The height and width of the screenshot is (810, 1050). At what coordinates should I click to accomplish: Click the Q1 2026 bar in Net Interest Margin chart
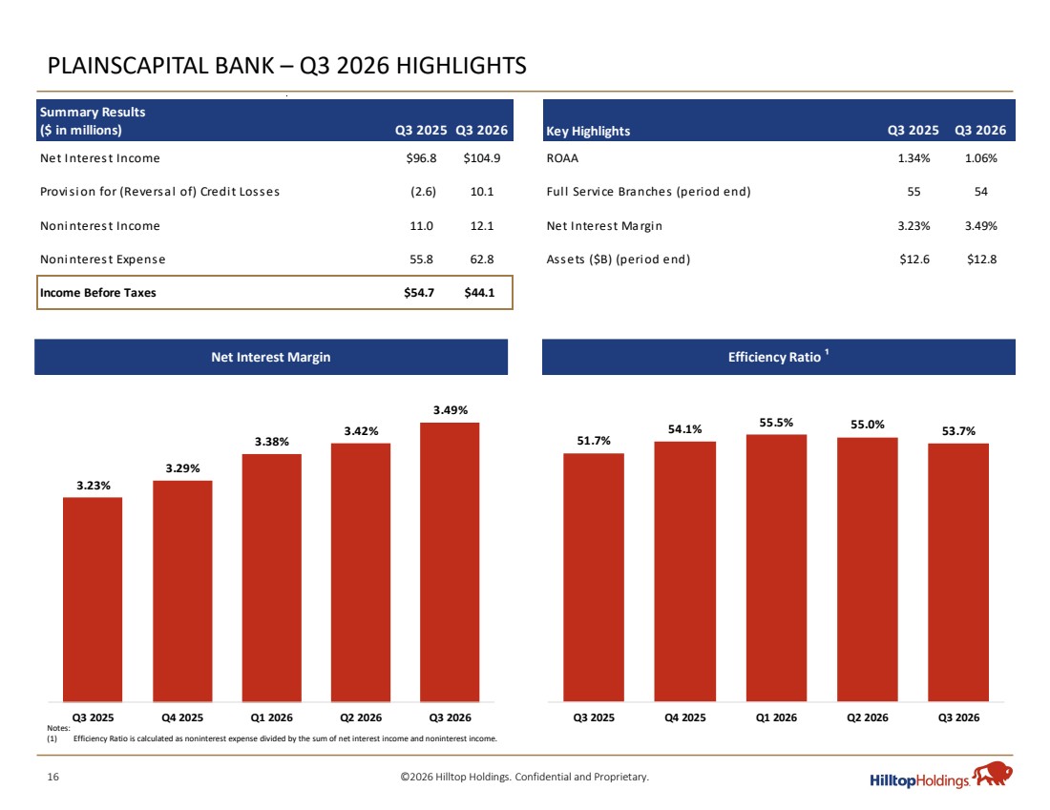[x=272, y=578]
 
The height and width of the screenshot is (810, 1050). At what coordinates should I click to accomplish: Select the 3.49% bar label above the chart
[x=450, y=410]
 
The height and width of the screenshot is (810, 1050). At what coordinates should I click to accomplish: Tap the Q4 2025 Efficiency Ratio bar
[x=685, y=571]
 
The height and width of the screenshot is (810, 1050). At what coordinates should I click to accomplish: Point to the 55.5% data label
[x=776, y=423]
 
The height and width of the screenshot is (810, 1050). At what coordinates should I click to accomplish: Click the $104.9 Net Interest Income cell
[x=481, y=158]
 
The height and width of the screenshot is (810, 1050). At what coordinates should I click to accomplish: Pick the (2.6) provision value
[x=423, y=192]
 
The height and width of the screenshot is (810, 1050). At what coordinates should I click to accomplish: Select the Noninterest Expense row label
[x=102, y=260]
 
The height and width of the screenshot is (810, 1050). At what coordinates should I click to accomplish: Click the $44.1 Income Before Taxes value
[x=479, y=293]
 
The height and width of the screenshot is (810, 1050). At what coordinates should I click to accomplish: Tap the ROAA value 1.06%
[x=981, y=158]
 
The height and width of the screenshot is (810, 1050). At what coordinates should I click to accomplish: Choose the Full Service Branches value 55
[x=914, y=192]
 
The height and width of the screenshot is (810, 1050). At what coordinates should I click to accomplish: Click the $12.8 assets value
[x=981, y=260]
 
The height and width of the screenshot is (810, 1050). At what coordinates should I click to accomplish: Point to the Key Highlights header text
[x=588, y=132]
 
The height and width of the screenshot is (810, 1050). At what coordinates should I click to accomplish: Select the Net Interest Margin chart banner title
[x=270, y=357]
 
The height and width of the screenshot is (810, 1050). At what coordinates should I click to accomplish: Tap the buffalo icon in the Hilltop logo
[x=993, y=774]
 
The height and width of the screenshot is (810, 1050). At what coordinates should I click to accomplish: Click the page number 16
[x=52, y=777]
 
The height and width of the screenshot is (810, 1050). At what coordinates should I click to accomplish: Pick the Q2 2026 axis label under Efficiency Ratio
[x=867, y=717]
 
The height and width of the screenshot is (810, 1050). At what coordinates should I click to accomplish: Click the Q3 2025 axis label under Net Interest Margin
[x=94, y=717]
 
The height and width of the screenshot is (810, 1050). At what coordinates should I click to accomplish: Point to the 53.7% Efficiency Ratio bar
[x=958, y=572]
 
